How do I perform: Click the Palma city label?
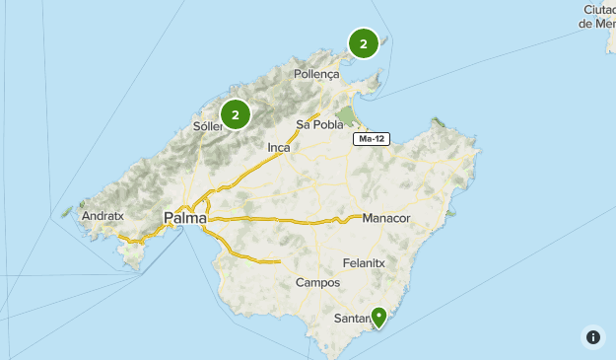[x=184, y=217]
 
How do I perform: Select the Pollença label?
[x=316, y=74]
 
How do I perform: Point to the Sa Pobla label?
[x=320, y=125]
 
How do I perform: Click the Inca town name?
[x=279, y=147]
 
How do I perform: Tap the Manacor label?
[x=385, y=217]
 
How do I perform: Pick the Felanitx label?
[x=366, y=263]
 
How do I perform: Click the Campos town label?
[x=317, y=283]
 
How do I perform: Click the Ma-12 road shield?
[x=372, y=139]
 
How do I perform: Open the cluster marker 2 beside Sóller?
[x=236, y=114]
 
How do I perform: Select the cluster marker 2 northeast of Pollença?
[x=364, y=43]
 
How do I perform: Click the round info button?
[x=593, y=337]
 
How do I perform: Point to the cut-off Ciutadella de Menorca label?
[x=597, y=16]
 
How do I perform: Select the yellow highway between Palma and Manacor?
[x=286, y=219]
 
